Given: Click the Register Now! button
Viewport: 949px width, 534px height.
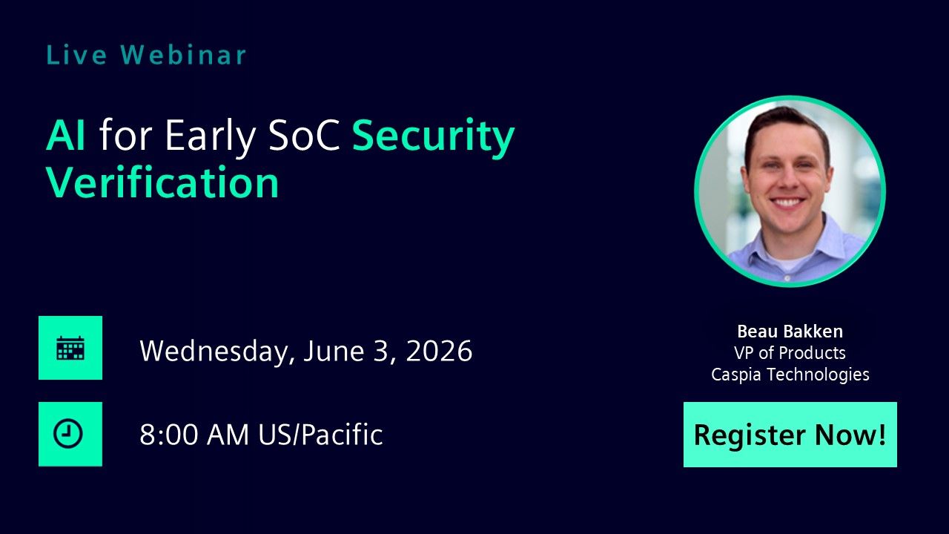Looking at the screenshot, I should pyautogui.click(x=790, y=435).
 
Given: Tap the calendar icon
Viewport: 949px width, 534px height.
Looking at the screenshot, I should pyautogui.click(x=70, y=348).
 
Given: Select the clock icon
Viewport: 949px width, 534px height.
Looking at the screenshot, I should pyautogui.click(x=70, y=434).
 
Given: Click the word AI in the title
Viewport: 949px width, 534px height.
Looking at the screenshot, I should pyautogui.click(x=66, y=136).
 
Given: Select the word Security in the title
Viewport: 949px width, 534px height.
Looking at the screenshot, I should pyautogui.click(x=433, y=137).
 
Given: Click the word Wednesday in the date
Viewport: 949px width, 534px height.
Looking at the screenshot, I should pyautogui.click(x=217, y=351).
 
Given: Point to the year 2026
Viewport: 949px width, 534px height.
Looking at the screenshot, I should pyautogui.click(x=439, y=350).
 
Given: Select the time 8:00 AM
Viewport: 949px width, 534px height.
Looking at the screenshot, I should pyautogui.click(x=194, y=435).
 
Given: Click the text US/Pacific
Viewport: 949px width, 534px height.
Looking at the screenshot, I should pyautogui.click(x=320, y=435).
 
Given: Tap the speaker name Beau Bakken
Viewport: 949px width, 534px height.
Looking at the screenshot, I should pyautogui.click(x=790, y=332).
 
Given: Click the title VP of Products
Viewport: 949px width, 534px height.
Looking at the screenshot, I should pyautogui.click(x=790, y=353).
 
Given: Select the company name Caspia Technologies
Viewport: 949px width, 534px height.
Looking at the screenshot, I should pyautogui.click(x=790, y=375).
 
